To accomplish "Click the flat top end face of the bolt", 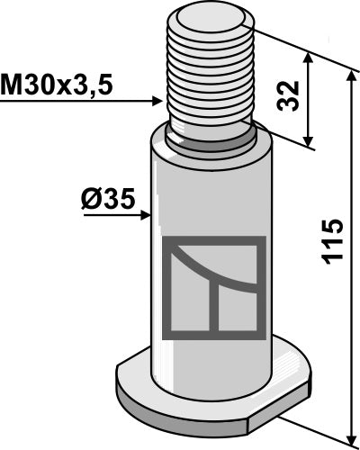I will [209, 17].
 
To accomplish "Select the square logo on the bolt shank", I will [213, 286].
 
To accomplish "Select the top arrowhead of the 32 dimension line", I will [310, 56].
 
